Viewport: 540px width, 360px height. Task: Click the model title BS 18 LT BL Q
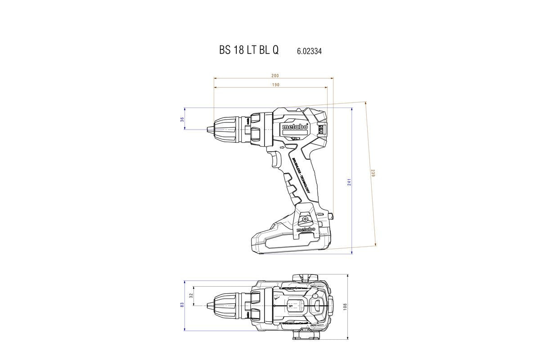249,50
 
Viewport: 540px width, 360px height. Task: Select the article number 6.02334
309,51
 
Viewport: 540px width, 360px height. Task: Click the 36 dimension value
182,119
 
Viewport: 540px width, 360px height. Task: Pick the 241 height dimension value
349,182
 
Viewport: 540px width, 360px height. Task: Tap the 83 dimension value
182,305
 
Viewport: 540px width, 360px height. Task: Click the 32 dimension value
191,296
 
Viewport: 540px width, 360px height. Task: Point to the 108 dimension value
345,306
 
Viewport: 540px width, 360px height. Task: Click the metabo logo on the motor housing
295,127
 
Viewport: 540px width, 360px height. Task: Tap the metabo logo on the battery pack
306,230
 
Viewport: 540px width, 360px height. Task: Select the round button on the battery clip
306,219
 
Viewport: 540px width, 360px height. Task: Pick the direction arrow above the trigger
282,147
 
